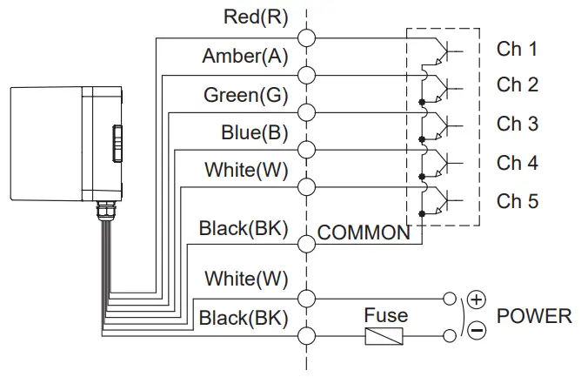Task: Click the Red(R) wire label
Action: [256, 16]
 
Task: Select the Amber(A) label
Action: [244, 57]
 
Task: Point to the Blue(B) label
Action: [252, 133]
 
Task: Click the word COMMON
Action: [364, 232]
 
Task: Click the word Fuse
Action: [385, 314]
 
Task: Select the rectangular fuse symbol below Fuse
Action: [384, 337]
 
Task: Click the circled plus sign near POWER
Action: [476, 299]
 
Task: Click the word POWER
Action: [534, 316]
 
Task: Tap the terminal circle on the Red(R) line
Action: [306, 37]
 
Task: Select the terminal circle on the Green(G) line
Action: [306, 111]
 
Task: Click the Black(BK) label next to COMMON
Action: [243, 229]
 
